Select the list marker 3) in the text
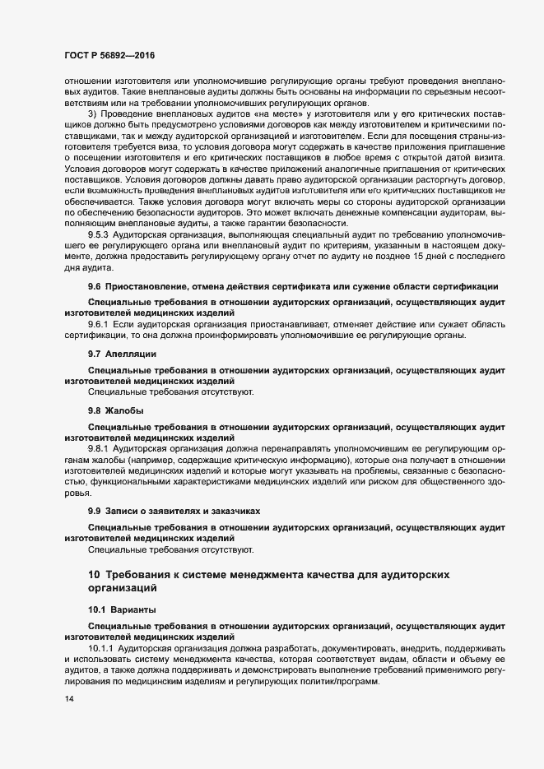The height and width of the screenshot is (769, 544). pyautogui.click(x=93, y=113)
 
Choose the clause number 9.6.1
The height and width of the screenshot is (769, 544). pyautogui.click(x=100, y=324)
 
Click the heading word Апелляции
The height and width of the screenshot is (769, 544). pyautogui.click(x=128, y=353)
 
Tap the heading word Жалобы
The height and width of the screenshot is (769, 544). pyautogui.click(x=125, y=409)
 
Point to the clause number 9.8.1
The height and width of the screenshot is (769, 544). pyautogui.click(x=100, y=448)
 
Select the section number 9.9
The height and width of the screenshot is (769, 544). pyautogui.click(x=95, y=511)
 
